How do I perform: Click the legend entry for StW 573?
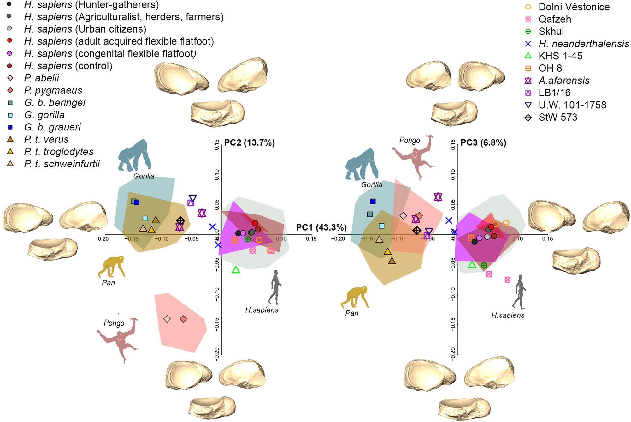(557, 118)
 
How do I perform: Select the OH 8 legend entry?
(550, 68)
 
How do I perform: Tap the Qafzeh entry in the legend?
(554, 19)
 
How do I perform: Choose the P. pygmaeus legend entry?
(53, 90)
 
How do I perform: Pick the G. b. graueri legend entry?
(52, 127)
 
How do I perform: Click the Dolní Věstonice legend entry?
(574, 7)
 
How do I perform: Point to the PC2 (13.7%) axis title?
(249, 143)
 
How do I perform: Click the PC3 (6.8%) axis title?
(483, 143)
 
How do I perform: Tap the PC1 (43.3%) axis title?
(321, 227)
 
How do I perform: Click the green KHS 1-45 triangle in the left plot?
(236, 270)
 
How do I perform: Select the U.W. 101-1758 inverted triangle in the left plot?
(193, 198)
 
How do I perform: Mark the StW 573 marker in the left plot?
(180, 220)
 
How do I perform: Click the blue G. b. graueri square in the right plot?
(373, 201)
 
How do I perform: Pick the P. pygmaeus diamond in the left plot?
(183, 319)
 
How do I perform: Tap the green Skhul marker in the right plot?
(484, 265)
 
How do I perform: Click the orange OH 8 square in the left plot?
(235, 240)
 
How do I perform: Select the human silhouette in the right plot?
(519, 292)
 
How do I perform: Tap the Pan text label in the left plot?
(108, 283)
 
